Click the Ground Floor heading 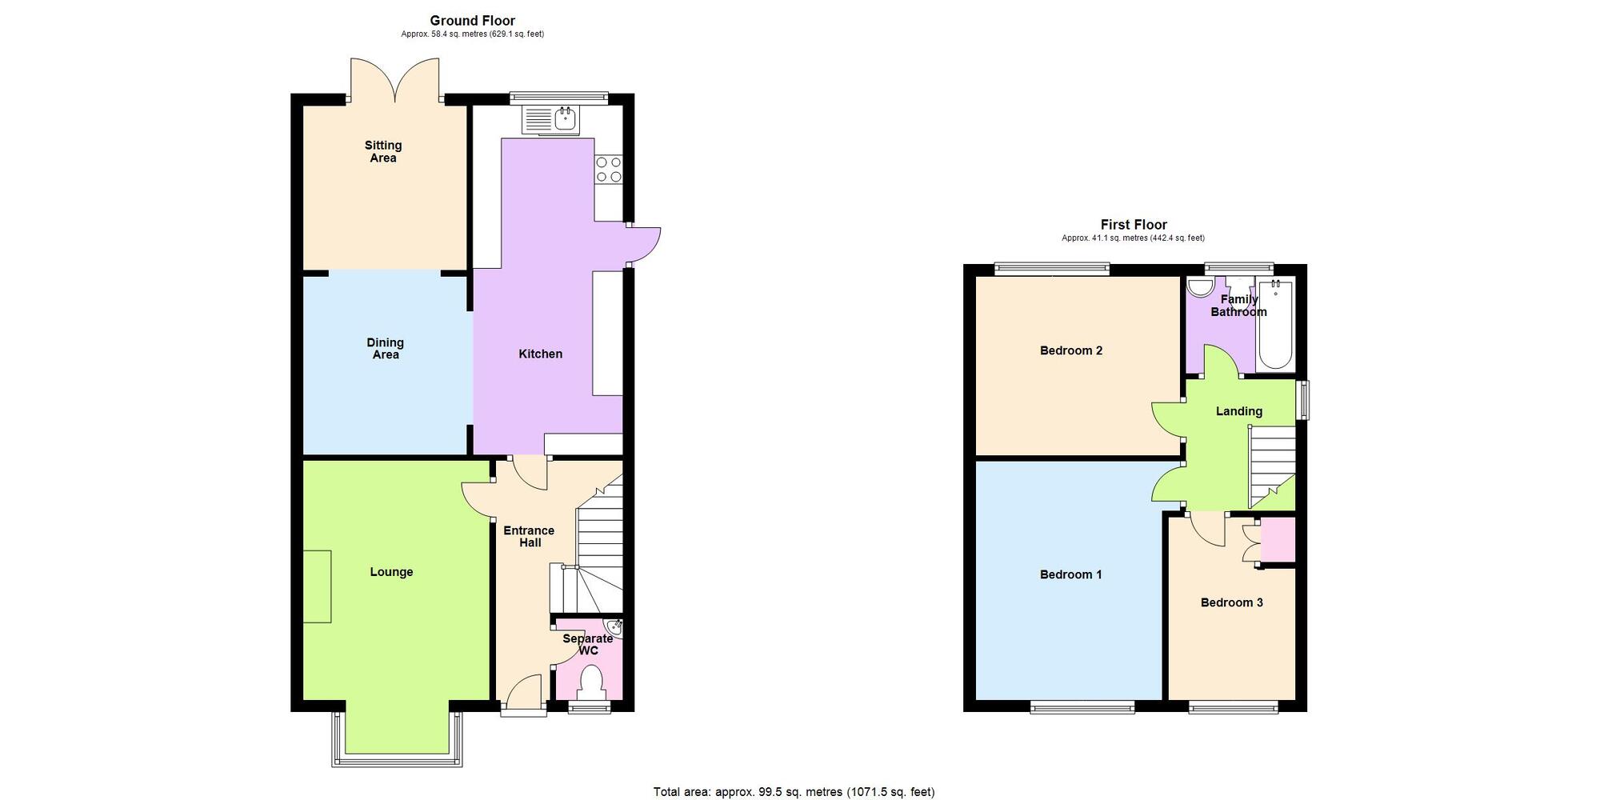[x=472, y=21]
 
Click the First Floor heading [x=1133, y=225]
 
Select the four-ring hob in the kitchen [x=608, y=170]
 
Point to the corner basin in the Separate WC [x=614, y=626]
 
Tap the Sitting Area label [x=382, y=151]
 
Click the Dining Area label [x=385, y=348]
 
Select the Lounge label [x=391, y=572]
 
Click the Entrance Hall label [x=529, y=536]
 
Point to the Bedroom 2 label [x=1070, y=350]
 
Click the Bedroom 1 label [x=1070, y=574]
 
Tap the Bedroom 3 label [x=1231, y=602]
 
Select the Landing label [x=1238, y=411]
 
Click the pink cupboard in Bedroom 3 [x=1278, y=540]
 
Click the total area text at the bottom [x=794, y=792]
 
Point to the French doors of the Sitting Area [x=394, y=80]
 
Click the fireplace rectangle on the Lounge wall [x=317, y=586]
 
